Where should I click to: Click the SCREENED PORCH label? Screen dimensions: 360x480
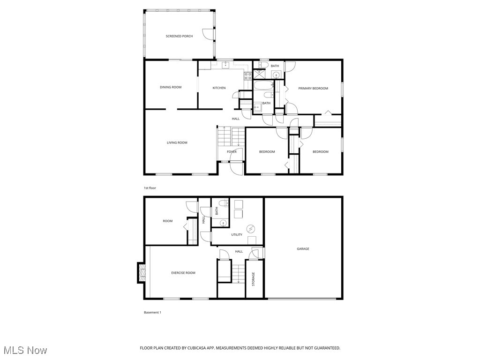point(179,36)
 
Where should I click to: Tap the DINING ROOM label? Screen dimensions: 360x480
point(171,87)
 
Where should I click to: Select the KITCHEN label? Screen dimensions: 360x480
point(219,88)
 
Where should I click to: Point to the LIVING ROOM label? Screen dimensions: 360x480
point(177,142)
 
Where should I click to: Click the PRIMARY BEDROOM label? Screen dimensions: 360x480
point(313,88)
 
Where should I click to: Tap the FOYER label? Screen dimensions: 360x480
point(232,152)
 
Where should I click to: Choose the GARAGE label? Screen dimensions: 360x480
point(303,249)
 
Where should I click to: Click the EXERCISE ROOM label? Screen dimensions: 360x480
point(183,273)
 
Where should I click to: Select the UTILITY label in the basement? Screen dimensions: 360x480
point(237,235)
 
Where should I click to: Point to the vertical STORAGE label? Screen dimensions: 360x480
point(254,279)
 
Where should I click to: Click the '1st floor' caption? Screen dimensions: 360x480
point(150,188)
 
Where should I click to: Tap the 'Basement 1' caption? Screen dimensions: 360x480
point(152,312)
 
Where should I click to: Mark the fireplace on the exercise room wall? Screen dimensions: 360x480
point(141,273)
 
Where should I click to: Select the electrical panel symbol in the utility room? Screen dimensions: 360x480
point(251,229)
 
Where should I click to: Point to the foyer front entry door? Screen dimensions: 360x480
point(237,168)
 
